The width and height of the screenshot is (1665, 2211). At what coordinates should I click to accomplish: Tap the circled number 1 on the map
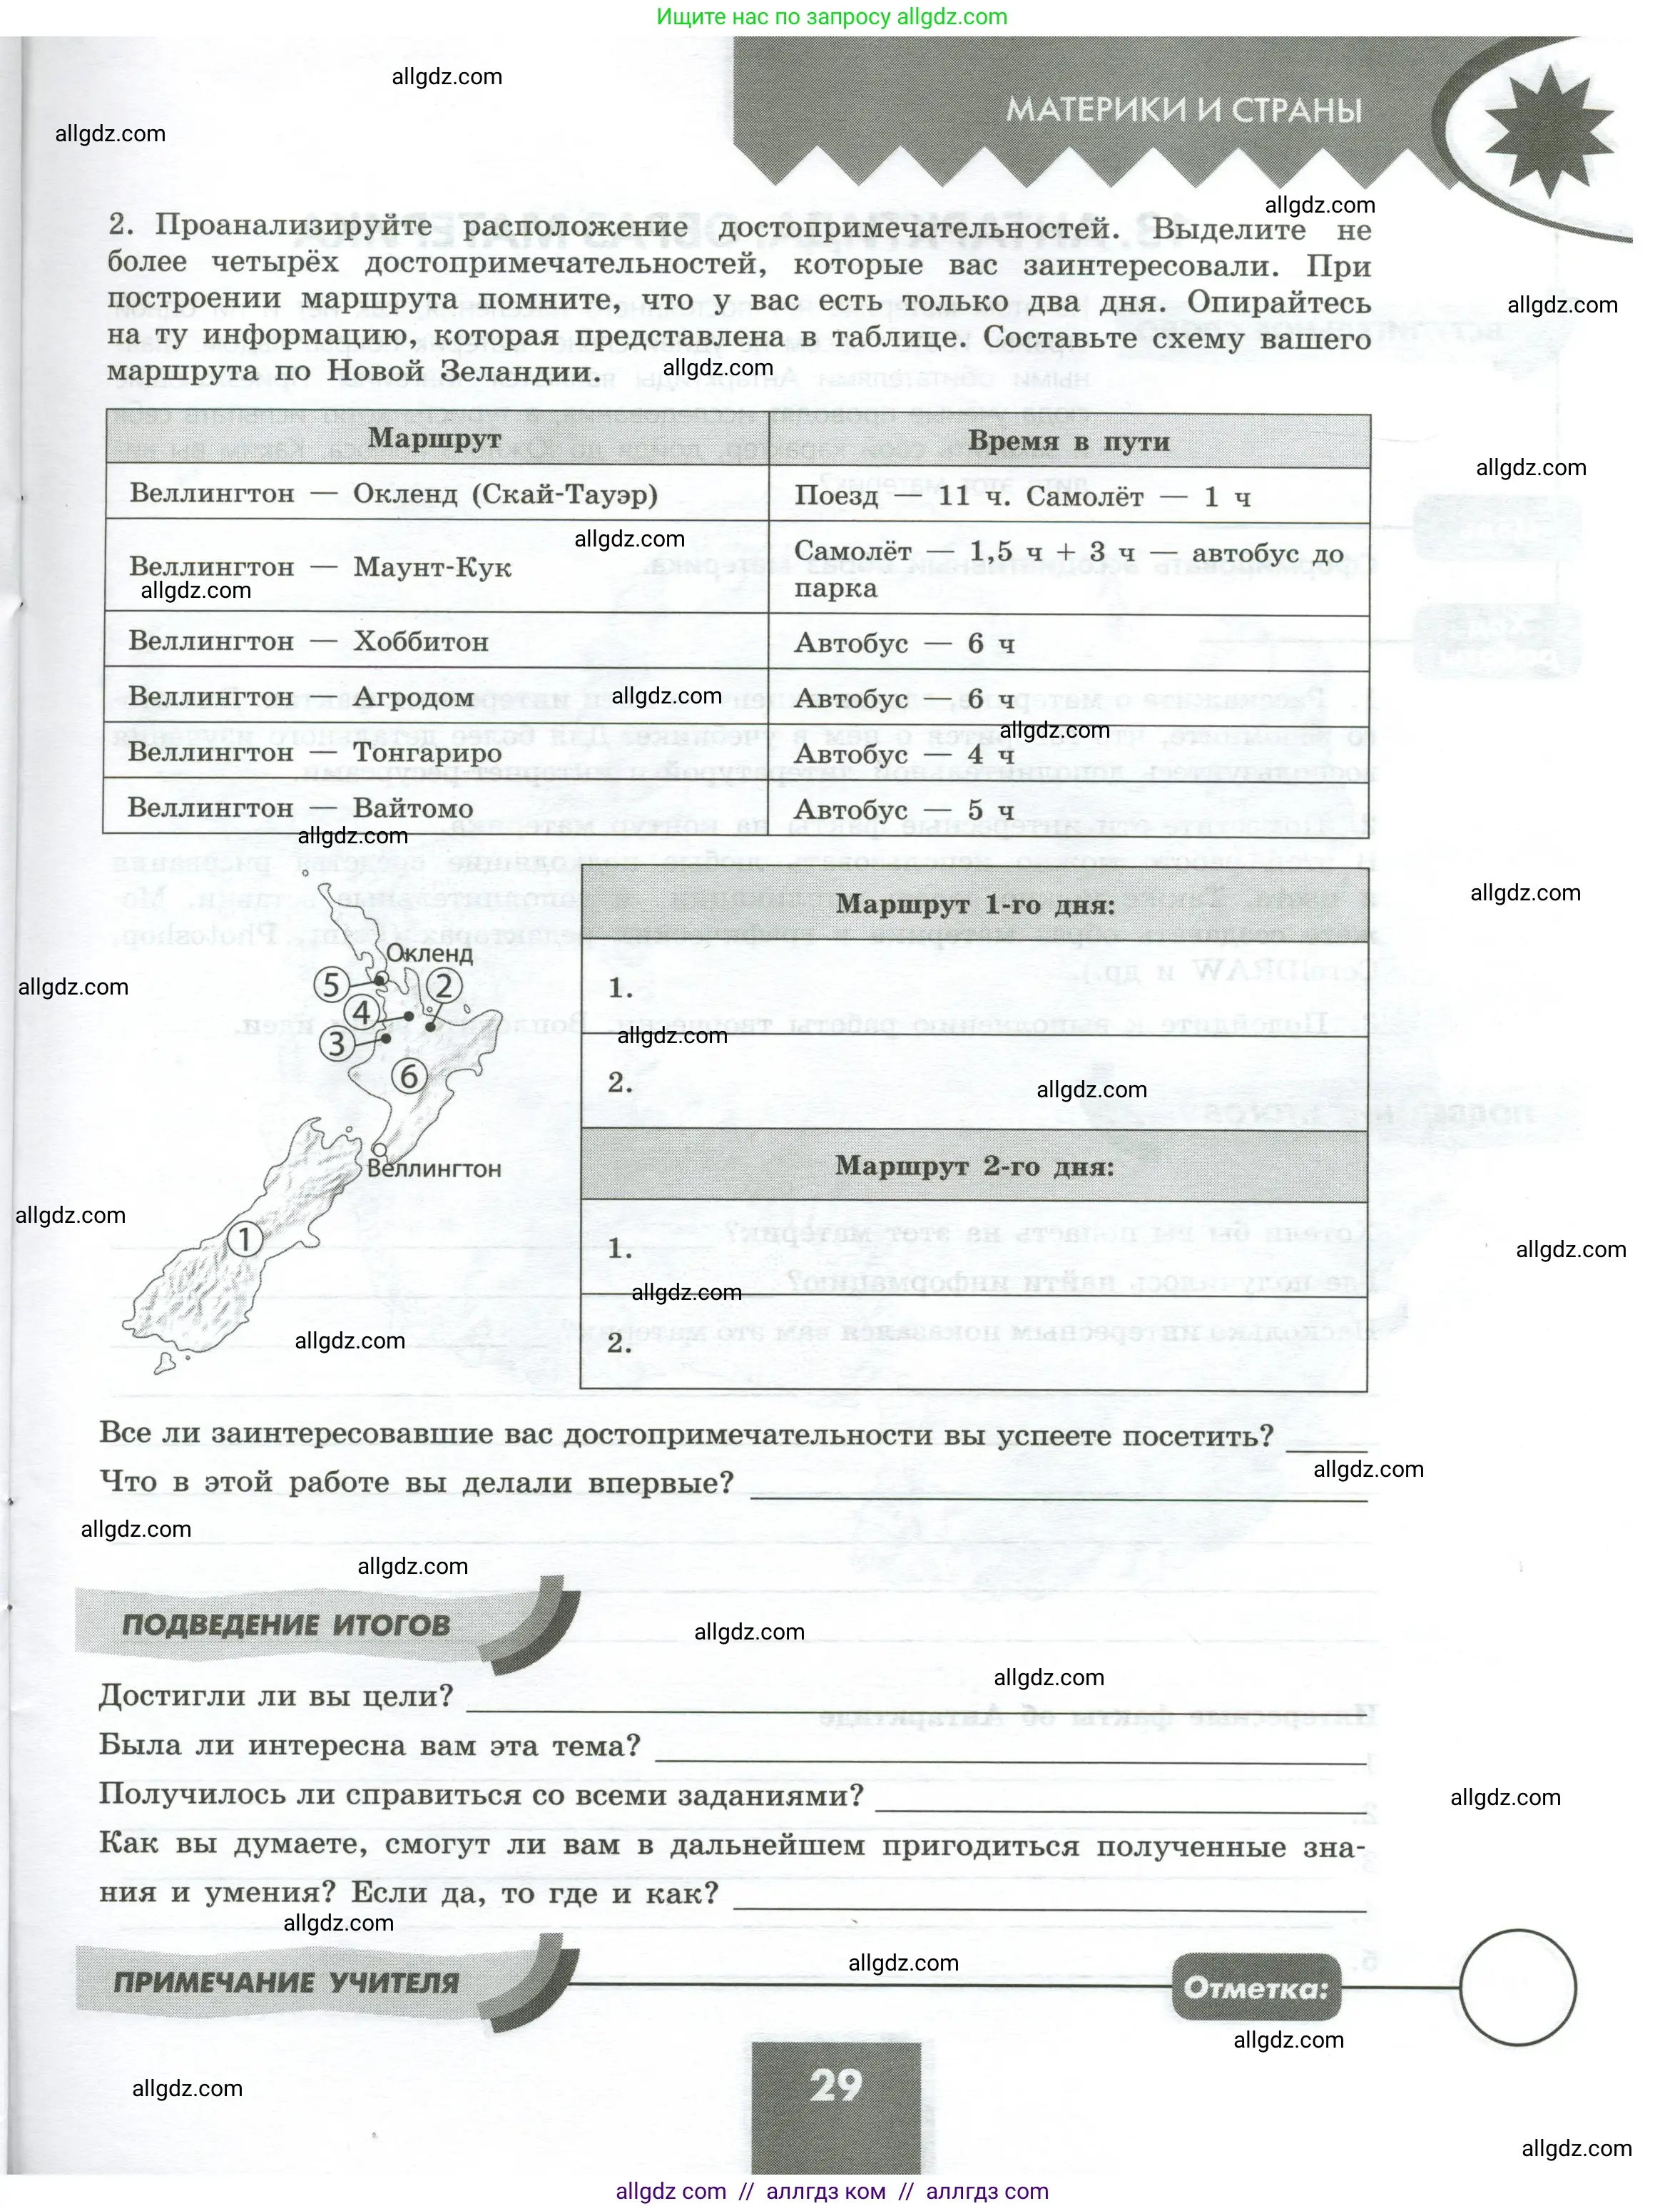[x=244, y=1239]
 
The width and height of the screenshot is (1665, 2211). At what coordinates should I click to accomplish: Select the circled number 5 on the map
[x=331, y=985]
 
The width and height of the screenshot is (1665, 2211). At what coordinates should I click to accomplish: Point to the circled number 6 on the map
[x=409, y=1077]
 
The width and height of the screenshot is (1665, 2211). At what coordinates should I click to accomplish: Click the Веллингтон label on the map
[x=434, y=1169]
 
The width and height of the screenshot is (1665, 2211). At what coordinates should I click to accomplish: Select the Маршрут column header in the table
[x=434, y=439]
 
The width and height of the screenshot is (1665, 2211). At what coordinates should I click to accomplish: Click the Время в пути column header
[x=1069, y=442]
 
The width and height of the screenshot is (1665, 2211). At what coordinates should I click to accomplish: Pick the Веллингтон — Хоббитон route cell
[x=309, y=641]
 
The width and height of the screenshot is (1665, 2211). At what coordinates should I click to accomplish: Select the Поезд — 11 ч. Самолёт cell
[x=1022, y=497]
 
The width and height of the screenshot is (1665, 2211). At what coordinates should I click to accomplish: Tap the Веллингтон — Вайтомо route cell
[x=300, y=808]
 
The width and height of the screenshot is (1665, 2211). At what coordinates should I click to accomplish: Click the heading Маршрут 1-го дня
[x=974, y=905]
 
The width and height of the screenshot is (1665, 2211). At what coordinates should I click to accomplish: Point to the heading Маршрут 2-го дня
[x=974, y=1166]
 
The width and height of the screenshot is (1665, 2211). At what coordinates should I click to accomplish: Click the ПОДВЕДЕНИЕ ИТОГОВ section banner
[x=287, y=1625]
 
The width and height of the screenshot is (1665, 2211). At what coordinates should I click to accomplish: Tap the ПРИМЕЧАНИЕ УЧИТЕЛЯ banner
[x=287, y=1982]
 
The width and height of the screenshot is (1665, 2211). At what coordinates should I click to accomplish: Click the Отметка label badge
[x=1256, y=1987]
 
